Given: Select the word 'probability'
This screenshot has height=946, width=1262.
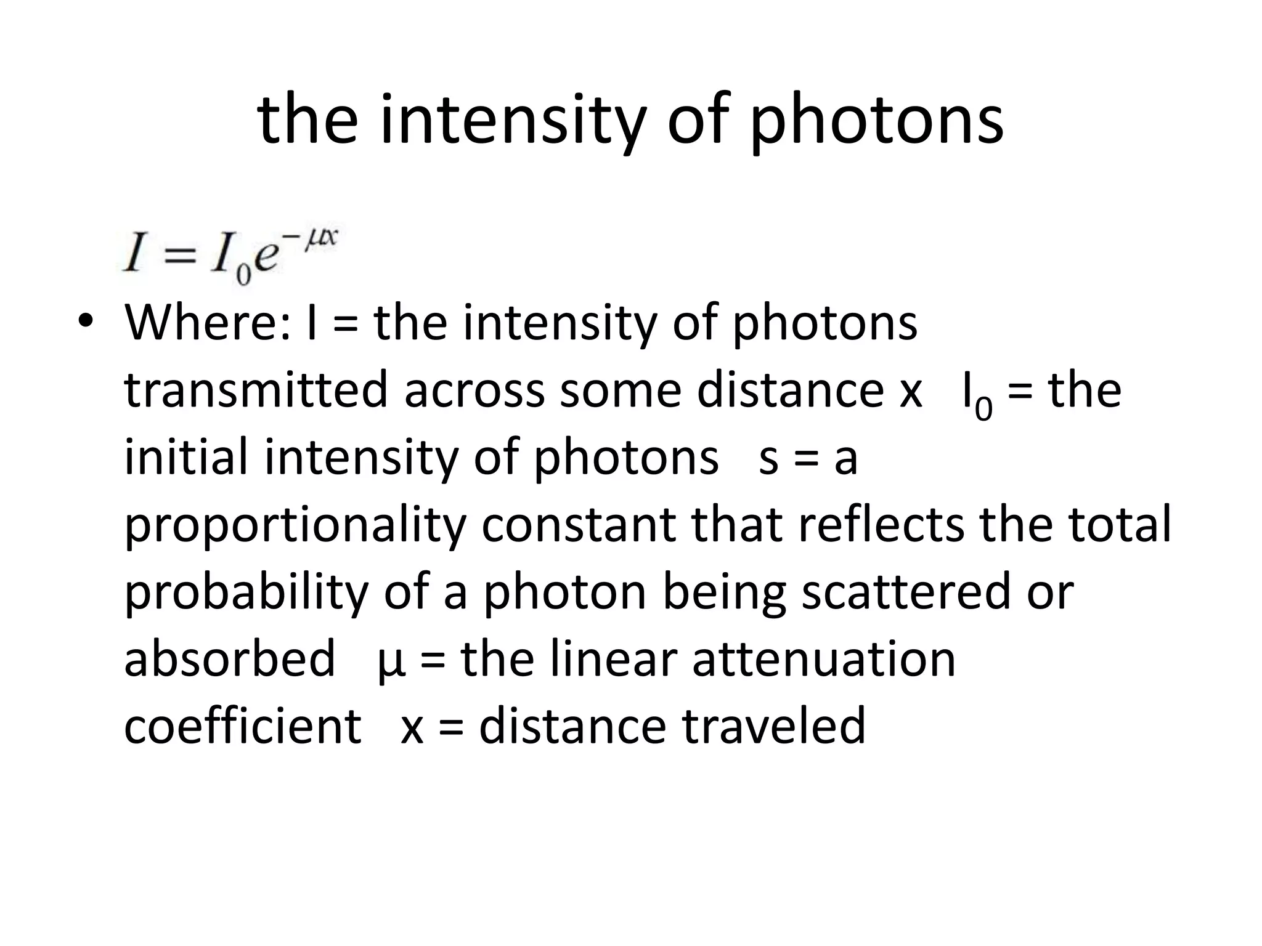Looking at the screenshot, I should [246, 591].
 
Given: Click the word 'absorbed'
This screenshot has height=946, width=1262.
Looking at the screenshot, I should [230, 658].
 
